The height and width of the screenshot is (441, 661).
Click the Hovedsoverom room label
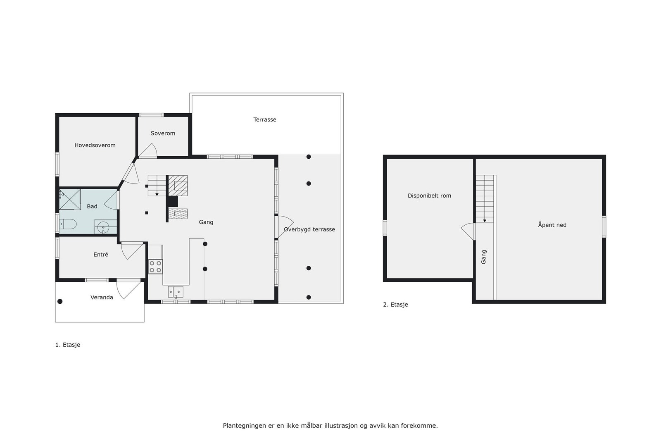95,145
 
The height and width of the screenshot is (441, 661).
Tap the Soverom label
163,133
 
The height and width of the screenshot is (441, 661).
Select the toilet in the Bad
68,224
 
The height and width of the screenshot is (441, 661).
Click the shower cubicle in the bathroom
70,200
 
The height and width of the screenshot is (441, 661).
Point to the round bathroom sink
103,227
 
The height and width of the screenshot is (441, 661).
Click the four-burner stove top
155,266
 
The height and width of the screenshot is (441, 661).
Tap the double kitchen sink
176,292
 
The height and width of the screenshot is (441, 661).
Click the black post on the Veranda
60,301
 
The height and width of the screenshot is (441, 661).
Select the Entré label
101,255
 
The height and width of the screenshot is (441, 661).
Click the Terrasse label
265,119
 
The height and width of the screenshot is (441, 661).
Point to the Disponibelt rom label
429,195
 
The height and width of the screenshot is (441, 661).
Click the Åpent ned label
552,225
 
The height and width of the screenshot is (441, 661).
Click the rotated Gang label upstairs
484,257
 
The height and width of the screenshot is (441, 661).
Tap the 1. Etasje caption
68,345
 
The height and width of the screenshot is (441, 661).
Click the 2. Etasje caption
395,305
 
